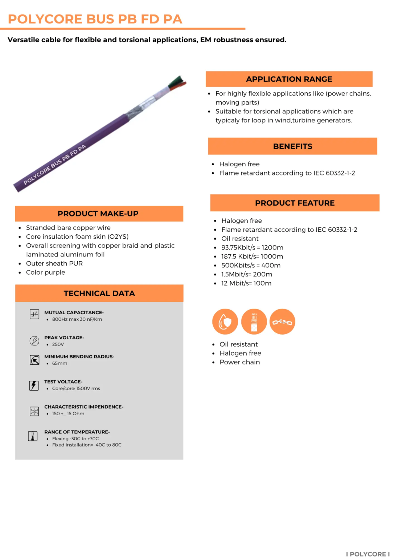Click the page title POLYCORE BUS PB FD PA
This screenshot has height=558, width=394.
(95, 19)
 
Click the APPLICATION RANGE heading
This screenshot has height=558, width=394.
(289, 79)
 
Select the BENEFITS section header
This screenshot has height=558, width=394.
(292, 146)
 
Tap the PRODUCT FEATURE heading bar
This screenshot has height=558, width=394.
(295, 203)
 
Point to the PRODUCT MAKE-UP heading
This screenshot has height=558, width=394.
(98, 214)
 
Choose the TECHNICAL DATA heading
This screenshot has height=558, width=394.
(99, 293)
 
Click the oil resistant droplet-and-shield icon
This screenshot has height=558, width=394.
(225, 322)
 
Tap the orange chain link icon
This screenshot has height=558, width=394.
(282, 322)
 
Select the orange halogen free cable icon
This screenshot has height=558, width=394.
(254, 322)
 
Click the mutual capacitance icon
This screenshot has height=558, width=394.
(34, 314)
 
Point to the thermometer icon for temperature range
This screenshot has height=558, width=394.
(33, 436)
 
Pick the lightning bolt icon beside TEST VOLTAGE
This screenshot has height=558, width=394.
(34, 385)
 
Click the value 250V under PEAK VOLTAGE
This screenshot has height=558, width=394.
(58, 344)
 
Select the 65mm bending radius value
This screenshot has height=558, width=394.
(59, 363)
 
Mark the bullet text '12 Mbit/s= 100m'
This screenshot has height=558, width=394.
(246, 283)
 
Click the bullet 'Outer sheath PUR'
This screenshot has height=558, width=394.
(54, 263)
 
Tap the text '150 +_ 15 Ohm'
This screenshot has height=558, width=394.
(68, 413)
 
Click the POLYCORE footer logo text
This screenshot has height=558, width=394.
(368, 554)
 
